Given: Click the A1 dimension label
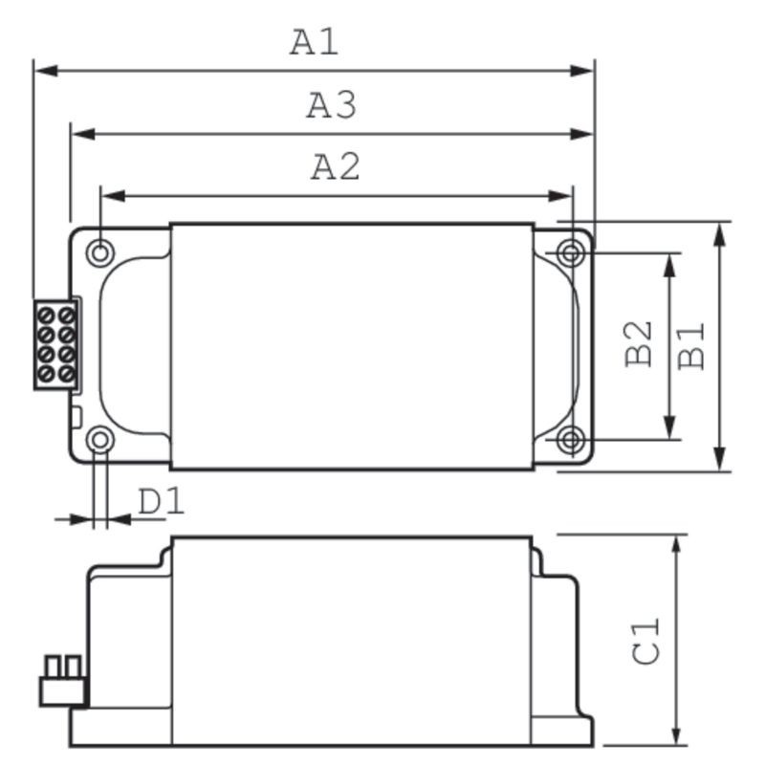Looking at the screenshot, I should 315,42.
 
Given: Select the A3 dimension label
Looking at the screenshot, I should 331,105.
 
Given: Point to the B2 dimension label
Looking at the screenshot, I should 639,343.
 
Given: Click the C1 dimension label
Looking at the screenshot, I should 647,641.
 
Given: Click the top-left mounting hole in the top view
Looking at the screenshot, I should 99,252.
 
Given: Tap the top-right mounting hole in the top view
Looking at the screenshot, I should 571,253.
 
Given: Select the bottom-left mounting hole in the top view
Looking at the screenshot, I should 99,440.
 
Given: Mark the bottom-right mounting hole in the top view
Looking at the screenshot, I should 571,440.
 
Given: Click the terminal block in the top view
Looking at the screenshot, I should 55,344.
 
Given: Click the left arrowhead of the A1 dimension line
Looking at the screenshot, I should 44,71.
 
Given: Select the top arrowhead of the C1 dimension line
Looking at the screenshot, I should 677,544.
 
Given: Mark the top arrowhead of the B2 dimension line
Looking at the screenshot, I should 670,264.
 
